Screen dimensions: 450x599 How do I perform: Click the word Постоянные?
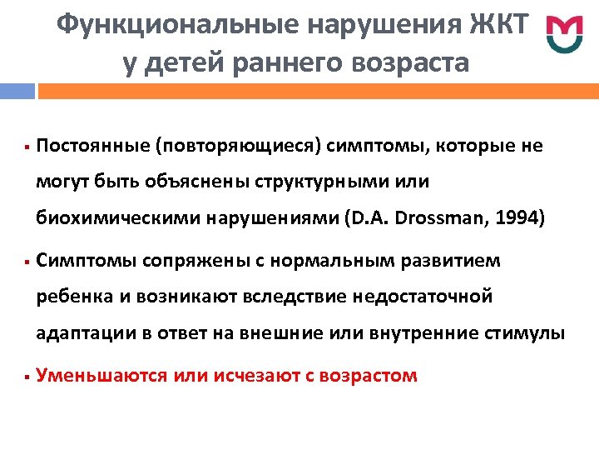[x=92, y=147]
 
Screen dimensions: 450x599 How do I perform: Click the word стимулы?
[x=527, y=333]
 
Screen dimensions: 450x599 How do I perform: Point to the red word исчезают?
[x=250, y=376]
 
